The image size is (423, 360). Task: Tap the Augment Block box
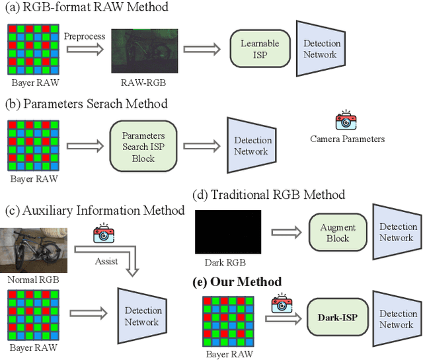pos(337,232)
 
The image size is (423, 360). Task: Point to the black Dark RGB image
pos(228,232)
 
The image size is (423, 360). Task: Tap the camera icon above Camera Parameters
pos(346,122)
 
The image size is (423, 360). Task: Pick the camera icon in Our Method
pos(282,303)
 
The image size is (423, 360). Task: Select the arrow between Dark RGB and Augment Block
pos(284,233)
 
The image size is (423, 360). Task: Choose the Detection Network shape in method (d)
pos(396,232)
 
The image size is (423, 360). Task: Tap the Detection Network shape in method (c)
pos(141,316)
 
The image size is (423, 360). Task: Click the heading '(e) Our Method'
pos(237,281)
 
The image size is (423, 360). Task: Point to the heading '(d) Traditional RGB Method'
pos(268,194)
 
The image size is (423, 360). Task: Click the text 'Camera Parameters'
pos(347,139)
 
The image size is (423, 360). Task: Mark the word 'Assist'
pos(106,261)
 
